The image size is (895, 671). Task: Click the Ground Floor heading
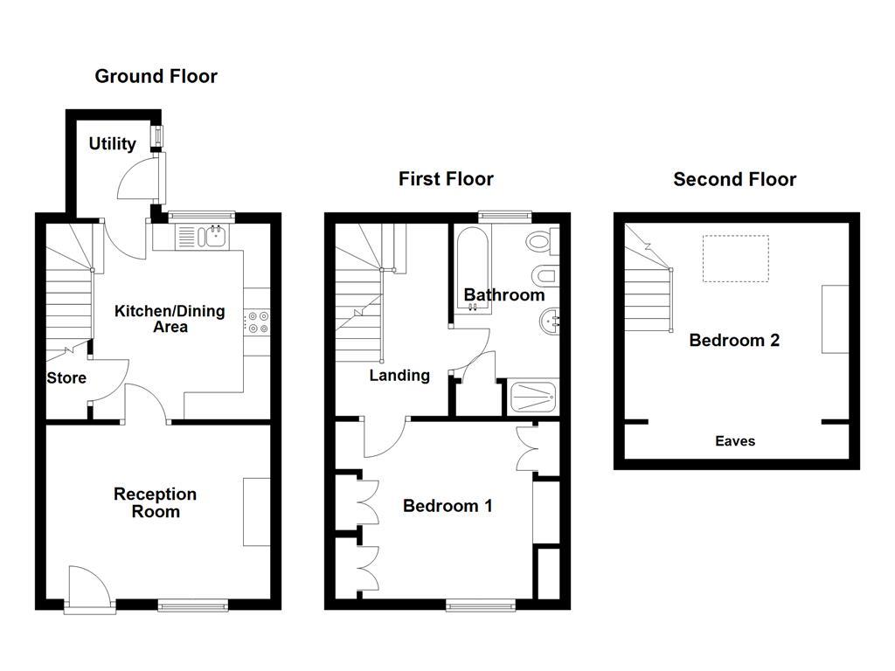pos(156,77)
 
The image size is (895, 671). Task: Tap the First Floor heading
pos(446,179)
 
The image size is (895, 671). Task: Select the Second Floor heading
pos(734,179)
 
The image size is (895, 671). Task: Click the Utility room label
pos(112,144)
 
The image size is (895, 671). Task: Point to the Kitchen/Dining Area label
pos(170,319)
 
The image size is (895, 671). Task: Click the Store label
pos(66,378)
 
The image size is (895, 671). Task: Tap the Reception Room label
pos(155,502)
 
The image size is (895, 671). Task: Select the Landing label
pos(399,376)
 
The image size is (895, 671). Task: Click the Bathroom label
pos(504,295)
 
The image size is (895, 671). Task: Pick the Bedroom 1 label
pos(447,506)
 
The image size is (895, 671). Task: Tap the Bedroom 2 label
pos(734,341)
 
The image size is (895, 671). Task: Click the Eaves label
pos(735,441)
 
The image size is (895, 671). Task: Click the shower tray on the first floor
pos(532,398)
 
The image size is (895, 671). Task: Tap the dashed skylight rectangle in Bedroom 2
pos(736,259)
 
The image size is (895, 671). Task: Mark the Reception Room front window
pos(193,604)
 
